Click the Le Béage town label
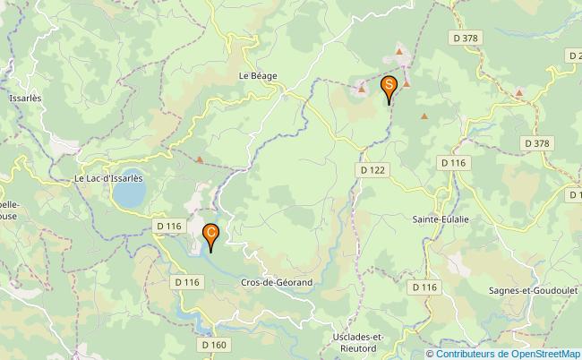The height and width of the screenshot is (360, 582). (x=258, y=77)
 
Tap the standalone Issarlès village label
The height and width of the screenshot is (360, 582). (x=23, y=99)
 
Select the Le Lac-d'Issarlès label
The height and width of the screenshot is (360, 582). (x=108, y=178)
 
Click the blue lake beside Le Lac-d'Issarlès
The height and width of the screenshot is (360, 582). (x=131, y=188)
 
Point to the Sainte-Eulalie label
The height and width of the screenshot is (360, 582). (x=441, y=219)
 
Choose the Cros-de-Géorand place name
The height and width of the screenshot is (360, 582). (x=277, y=282)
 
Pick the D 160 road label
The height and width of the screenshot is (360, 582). (x=214, y=344)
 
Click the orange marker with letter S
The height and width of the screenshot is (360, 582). (x=389, y=86)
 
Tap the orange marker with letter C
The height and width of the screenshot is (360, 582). (x=210, y=235)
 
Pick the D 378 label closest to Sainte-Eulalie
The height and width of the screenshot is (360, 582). (x=536, y=142)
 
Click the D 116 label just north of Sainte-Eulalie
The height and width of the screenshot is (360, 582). (x=454, y=162)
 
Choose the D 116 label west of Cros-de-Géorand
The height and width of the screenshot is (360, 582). (x=188, y=282)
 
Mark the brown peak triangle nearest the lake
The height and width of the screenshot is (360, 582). (x=200, y=161)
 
